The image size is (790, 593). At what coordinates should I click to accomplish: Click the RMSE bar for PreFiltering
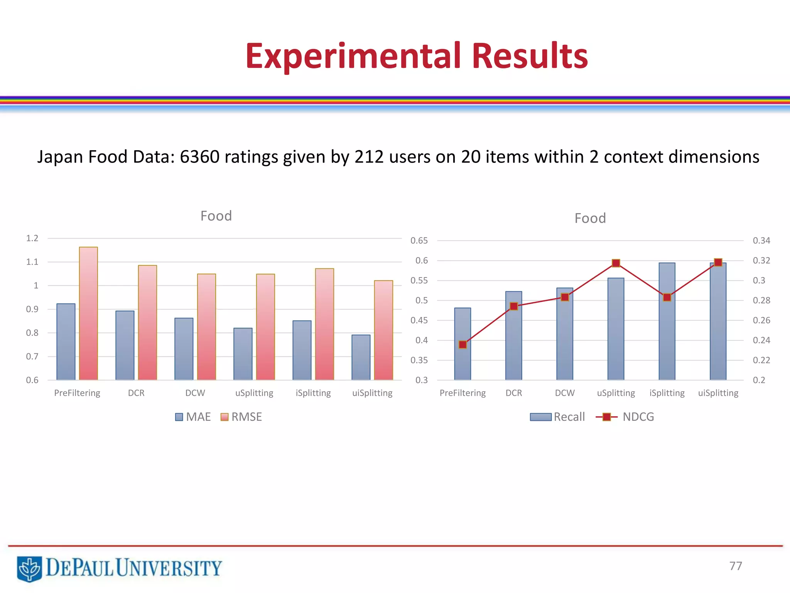point(88,313)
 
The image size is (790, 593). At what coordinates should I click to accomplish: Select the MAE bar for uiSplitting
point(361,357)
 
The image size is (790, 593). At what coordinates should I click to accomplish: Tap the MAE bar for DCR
point(125,345)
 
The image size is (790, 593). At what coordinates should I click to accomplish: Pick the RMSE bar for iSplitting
point(324,324)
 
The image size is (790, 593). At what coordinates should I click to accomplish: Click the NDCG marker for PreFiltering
point(463,344)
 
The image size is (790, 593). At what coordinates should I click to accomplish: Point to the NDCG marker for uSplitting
point(616,263)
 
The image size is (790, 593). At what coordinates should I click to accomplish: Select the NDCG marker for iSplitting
point(667,297)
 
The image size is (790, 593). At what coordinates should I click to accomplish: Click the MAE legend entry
point(193,417)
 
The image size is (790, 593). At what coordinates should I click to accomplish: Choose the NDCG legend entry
point(625,417)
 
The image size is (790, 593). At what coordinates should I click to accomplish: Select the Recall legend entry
point(557,417)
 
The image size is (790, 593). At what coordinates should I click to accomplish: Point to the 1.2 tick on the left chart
point(32,238)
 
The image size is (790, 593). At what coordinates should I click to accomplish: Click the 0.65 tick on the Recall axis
point(419,241)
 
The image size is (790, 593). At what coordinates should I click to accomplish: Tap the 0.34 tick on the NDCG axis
point(761,241)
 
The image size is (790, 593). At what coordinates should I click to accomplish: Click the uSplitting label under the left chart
point(254,393)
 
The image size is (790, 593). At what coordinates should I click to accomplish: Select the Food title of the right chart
point(590,219)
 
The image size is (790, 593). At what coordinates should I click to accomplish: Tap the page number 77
point(736,566)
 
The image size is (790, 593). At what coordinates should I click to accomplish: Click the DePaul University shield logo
point(29,569)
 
